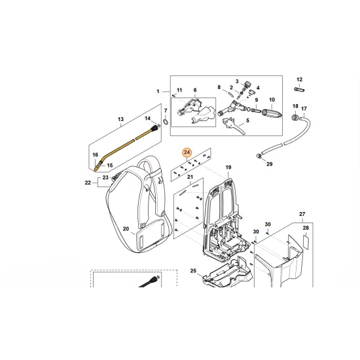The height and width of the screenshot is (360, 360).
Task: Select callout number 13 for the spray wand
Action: [x=120, y=119]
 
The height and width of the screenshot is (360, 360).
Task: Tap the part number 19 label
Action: [x=228, y=168]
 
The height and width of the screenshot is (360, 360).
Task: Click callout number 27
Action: [x=302, y=215]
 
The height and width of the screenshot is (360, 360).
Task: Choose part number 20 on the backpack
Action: [x=126, y=230]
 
